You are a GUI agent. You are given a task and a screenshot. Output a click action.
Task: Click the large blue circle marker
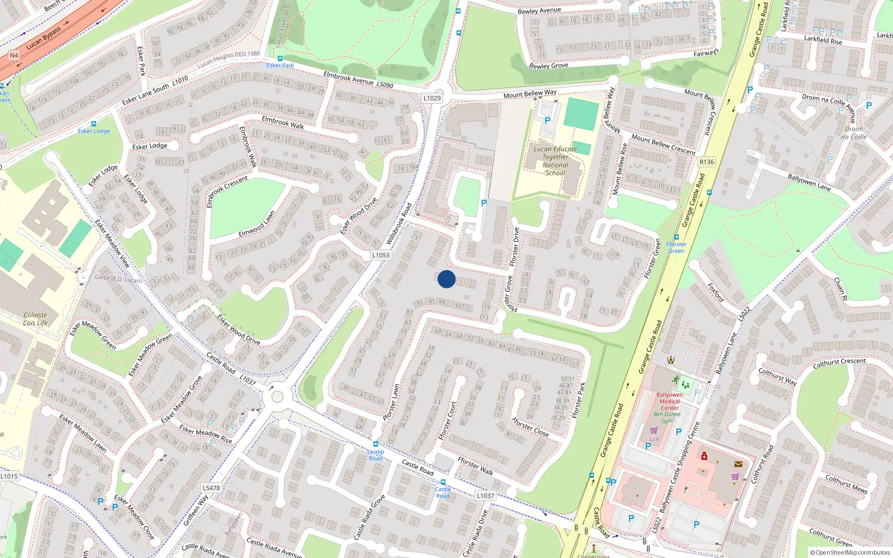[446, 279]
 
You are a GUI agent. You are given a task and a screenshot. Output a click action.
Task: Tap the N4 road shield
[14, 55]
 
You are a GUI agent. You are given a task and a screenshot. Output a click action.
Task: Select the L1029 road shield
[431, 98]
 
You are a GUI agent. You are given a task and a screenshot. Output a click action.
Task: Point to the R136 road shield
[707, 162]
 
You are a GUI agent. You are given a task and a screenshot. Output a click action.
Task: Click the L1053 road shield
[381, 255]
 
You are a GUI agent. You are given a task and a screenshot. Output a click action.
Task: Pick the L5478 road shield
[211, 488]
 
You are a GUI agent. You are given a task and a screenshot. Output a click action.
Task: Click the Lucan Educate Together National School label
[555, 161]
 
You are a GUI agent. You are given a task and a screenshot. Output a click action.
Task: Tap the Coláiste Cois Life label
[35, 319]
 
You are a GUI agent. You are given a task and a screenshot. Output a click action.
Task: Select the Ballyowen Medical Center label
[670, 401]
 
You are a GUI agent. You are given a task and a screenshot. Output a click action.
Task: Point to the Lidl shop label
[654, 439]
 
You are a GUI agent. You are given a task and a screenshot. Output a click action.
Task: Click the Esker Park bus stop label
[280, 65]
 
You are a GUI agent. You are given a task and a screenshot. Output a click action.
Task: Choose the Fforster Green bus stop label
[676, 247]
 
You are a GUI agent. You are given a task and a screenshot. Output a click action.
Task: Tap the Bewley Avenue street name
[539, 11]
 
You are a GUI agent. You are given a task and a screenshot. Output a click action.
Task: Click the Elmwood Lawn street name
[257, 224]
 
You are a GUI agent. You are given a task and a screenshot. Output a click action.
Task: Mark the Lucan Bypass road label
[44, 37]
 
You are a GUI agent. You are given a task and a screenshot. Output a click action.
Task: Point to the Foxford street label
[716, 292]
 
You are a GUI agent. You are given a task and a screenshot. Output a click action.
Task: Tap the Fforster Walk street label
[476, 466]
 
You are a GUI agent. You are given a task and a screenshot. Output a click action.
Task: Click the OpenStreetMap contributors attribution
[850, 552]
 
